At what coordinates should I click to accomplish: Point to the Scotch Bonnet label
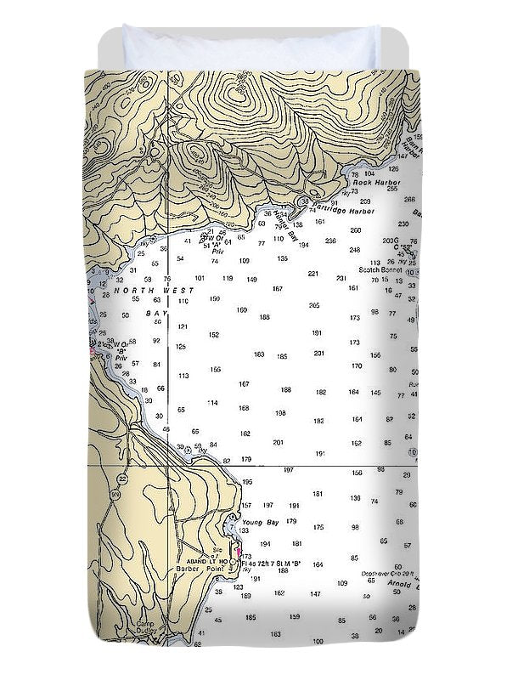click(378, 269)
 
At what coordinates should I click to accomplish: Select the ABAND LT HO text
click(201, 562)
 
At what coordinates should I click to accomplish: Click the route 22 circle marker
click(123, 479)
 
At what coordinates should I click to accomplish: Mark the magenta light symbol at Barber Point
click(237, 552)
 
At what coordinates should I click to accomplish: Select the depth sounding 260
click(355, 229)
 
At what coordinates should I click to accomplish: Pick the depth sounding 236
click(329, 241)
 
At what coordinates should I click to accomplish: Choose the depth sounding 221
click(312, 274)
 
